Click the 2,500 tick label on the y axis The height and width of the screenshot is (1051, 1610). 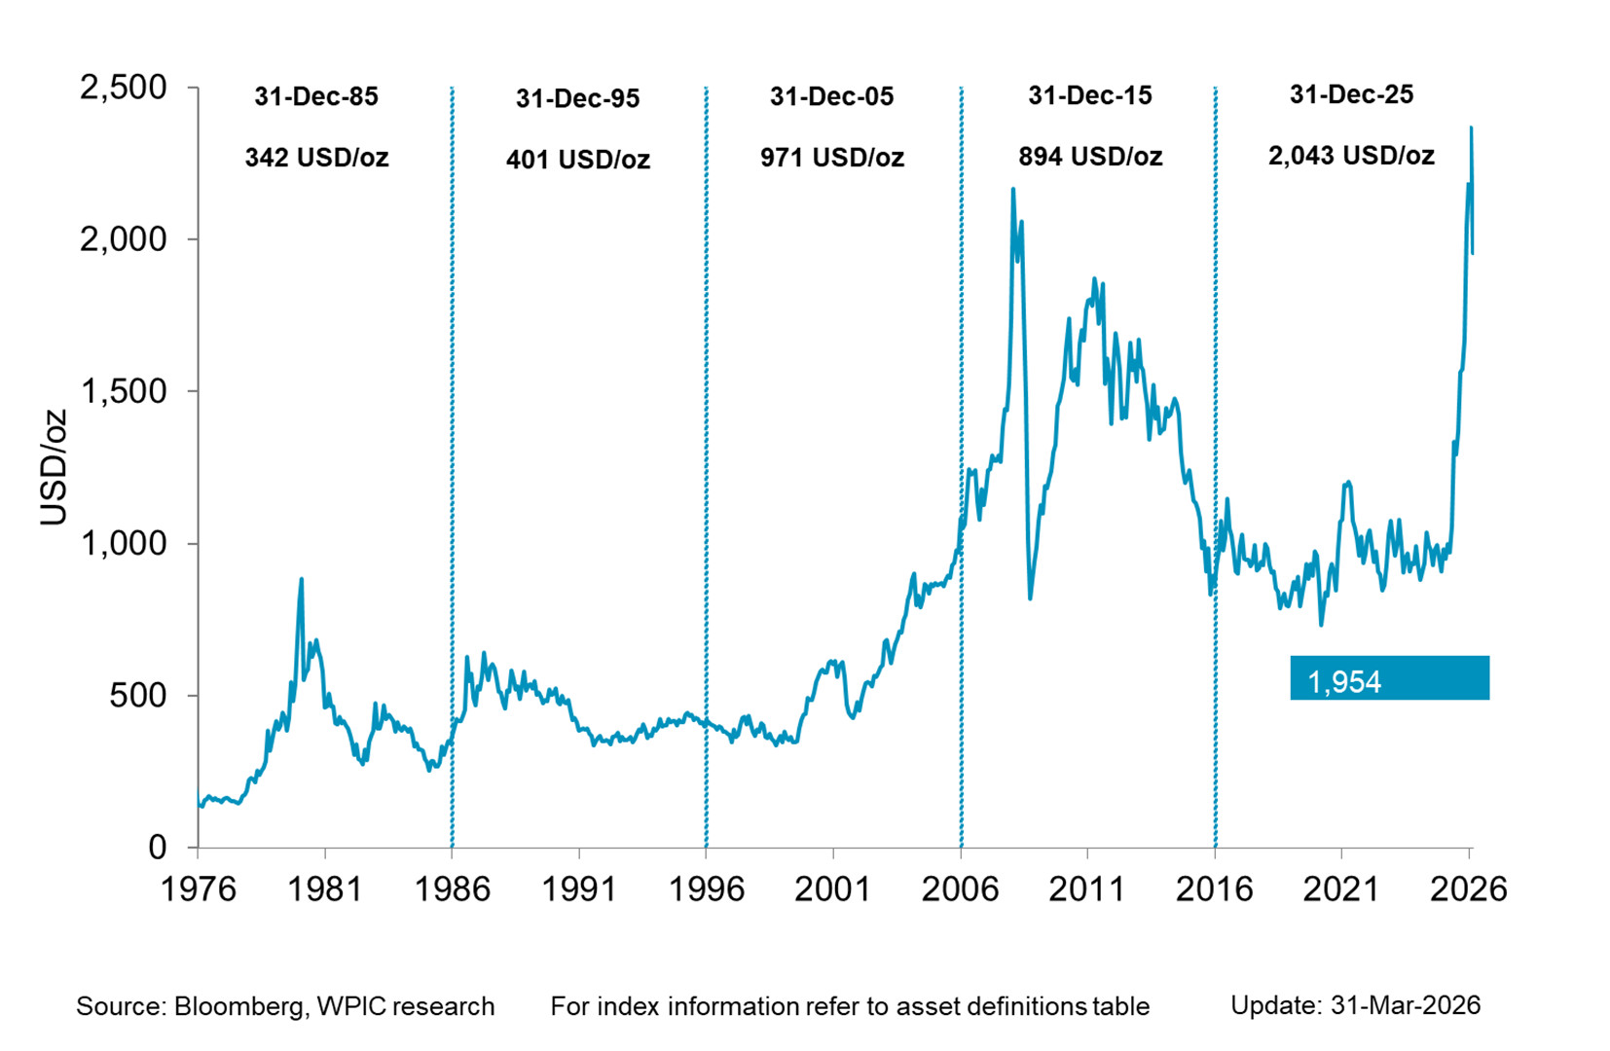point(123,88)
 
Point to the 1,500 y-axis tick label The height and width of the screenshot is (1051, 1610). point(123,391)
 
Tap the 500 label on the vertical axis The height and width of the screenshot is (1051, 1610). point(138,696)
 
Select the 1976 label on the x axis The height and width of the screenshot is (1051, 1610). point(198,888)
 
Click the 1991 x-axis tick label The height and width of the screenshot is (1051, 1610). point(579,888)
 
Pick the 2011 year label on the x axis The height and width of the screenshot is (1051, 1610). point(1087,888)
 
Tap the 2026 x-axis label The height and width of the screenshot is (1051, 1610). point(1468,888)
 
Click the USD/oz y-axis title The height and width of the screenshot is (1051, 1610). point(54,467)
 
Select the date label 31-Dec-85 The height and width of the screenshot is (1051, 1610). point(316,96)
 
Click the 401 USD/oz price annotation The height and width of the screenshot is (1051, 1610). point(578,160)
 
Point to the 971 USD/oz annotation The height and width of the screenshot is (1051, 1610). point(832,158)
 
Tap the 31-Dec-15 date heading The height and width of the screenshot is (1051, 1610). point(1090,95)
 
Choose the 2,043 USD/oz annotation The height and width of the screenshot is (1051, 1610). point(1351,156)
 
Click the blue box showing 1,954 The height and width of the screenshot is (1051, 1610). point(1389,678)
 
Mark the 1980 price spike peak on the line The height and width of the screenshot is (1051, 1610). point(301,580)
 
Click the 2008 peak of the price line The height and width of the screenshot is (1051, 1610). point(1013,189)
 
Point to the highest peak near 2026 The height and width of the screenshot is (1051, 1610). point(1471,127)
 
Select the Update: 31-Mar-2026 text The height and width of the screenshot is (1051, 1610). point(1355,1005)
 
